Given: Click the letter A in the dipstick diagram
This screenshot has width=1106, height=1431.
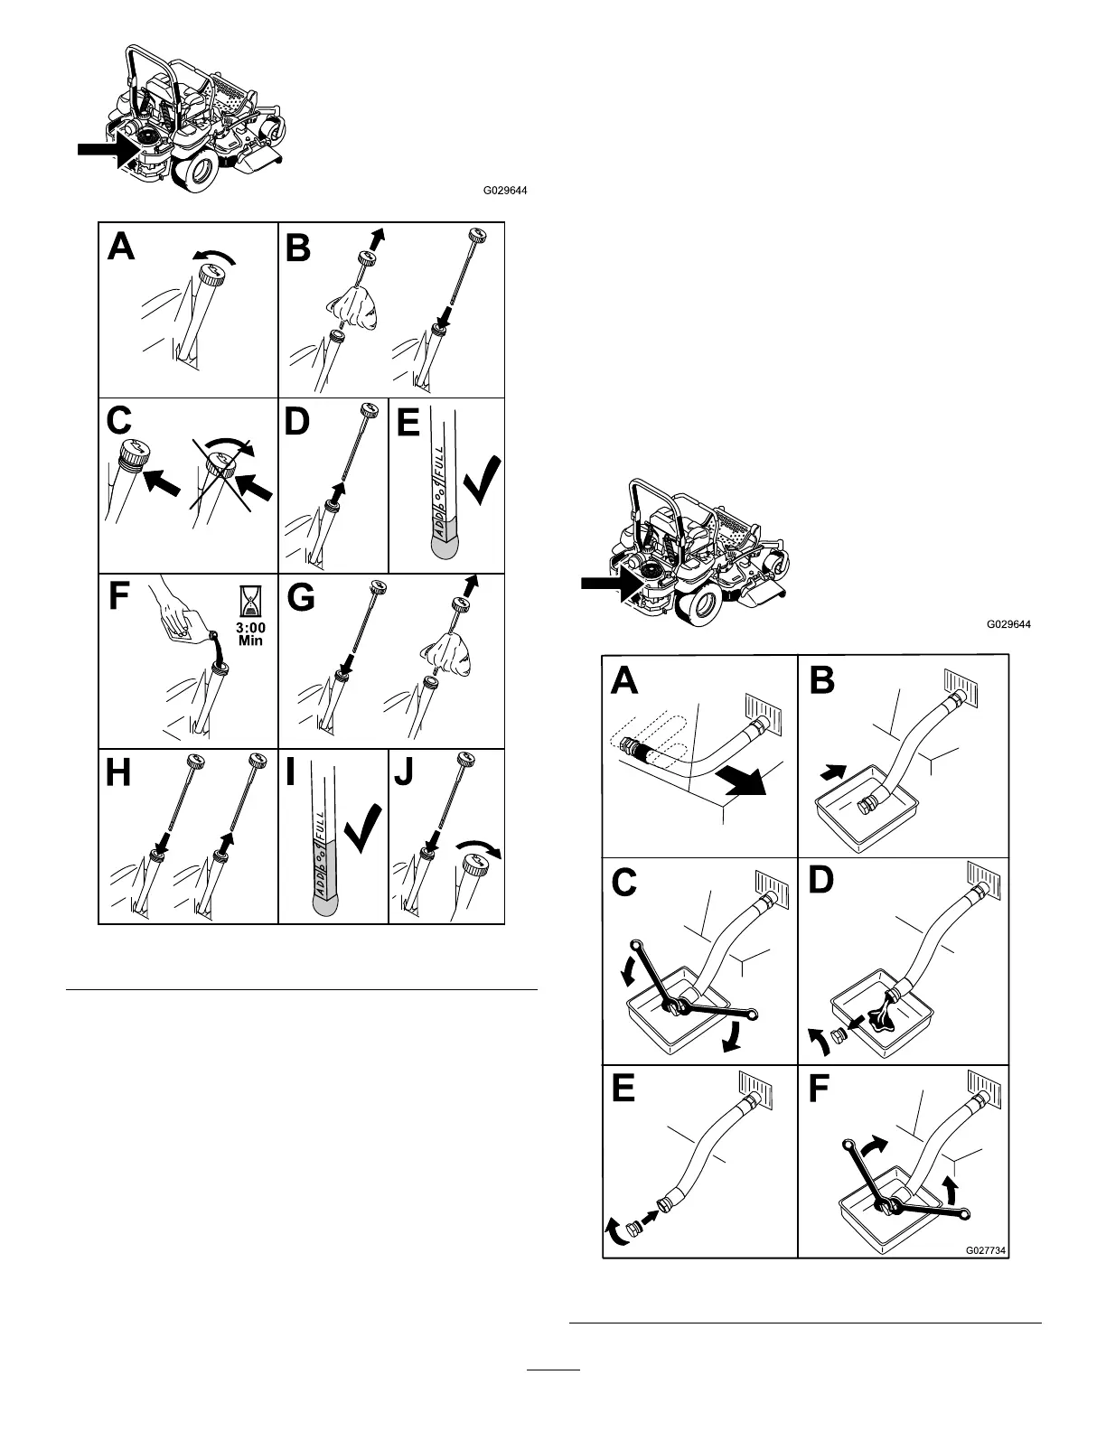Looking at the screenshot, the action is point(121,245).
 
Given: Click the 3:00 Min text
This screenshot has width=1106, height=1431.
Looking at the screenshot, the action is point(250,633).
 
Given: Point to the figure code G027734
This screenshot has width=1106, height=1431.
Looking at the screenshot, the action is point(986,1250).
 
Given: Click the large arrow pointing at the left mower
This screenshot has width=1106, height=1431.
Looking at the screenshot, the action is point(100,151).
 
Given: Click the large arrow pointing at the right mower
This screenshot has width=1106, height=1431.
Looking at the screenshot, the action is point(604,584).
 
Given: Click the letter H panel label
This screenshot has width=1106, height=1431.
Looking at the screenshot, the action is point(120,773).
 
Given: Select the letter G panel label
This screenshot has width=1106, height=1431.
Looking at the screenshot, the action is point(301,599).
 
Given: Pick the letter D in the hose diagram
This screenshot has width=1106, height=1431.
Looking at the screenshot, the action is point(820,881).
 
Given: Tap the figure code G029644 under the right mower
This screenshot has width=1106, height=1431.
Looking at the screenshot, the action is point(1008,624).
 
